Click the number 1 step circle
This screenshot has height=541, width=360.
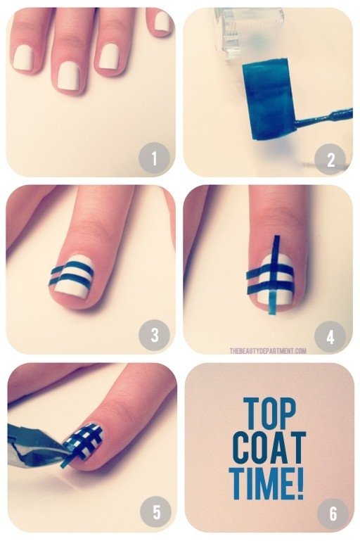[x=154, y=159]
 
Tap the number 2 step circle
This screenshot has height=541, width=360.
[x=331, y=160]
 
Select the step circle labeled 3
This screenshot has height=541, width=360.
[x=154, y=336]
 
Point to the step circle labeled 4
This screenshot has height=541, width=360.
[x=331, y=336]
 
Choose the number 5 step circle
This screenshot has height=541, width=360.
[x=154, y=514]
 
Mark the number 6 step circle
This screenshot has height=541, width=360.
[x=331, y=514]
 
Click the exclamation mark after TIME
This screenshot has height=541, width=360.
[x=300, y=481]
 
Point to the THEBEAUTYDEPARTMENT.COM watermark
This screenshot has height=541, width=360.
[x=267, y=350]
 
